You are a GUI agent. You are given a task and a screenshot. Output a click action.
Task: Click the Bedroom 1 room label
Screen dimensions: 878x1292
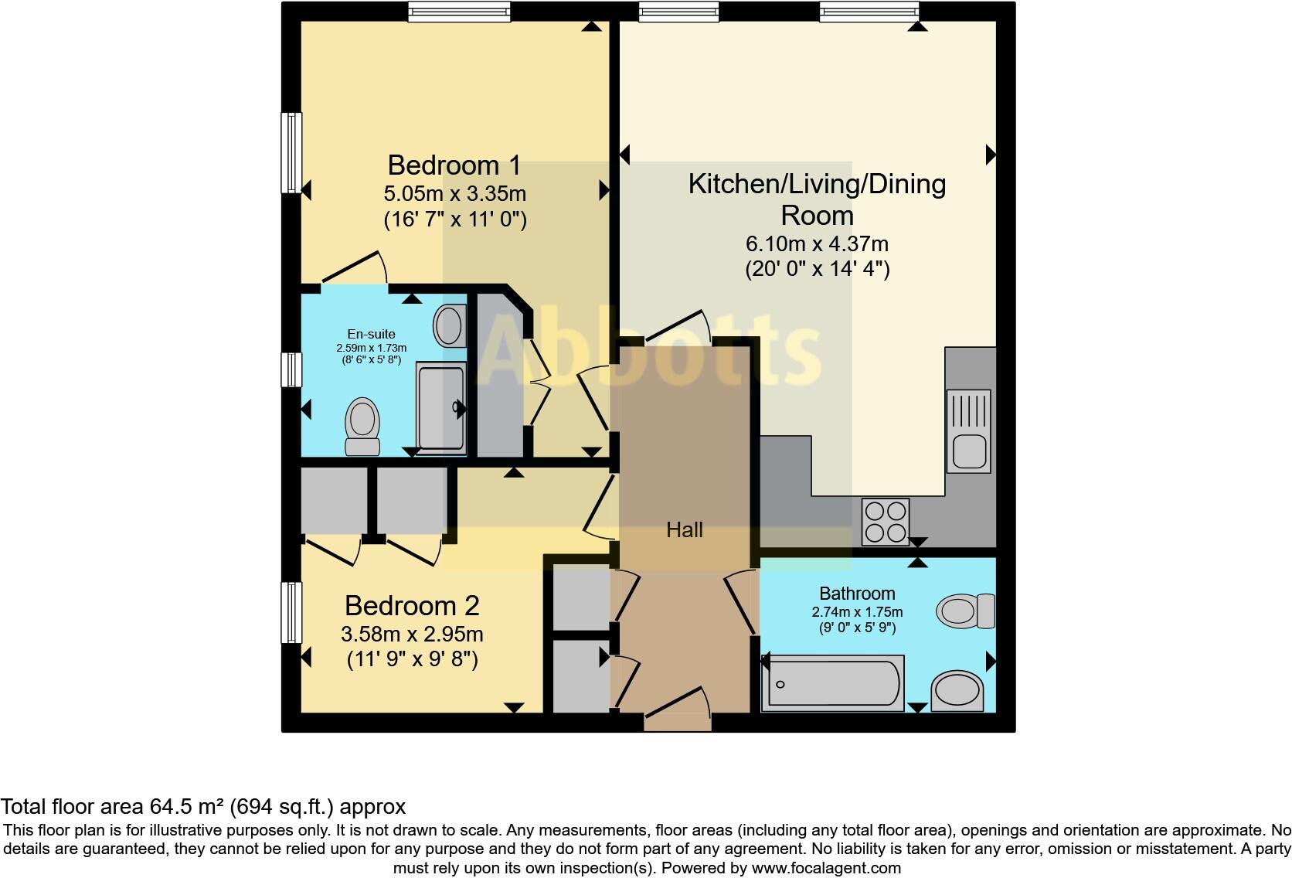pyautogui.click(x=454, y=165)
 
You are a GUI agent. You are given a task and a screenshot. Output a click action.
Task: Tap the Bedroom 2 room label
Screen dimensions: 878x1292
pyautogui.click(x=412, y=605)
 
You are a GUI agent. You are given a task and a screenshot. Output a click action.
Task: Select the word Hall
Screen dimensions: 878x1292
pyautogui.click(x=685, y=530)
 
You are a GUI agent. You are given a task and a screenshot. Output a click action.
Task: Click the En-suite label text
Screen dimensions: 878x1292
pyautogui.click(x=371, y=335)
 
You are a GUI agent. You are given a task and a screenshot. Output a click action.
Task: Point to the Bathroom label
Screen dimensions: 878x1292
pyautogui.click(x=857, y=594)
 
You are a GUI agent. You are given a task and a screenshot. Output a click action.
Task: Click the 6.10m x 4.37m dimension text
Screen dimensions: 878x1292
pyautogui.click(x=817, y=244)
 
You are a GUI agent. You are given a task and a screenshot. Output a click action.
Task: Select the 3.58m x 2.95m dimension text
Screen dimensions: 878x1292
pyautogui.click(x=412, y=635)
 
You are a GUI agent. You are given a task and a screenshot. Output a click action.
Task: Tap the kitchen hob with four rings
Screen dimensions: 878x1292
pyautogui.click(x=886, y=522)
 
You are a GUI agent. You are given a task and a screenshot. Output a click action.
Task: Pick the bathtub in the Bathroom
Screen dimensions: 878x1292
pyautogui.click(x=833, y=683)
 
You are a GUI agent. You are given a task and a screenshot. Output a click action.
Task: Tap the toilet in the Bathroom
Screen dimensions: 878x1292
pyautogui.click(x=966, y=611)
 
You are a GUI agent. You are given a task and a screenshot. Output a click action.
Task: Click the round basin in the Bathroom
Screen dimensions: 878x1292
pyautogui.click(x=957, y=691)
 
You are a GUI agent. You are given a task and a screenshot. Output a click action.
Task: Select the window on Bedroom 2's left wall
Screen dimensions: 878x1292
pyautogui.click(x=291, y=613)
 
